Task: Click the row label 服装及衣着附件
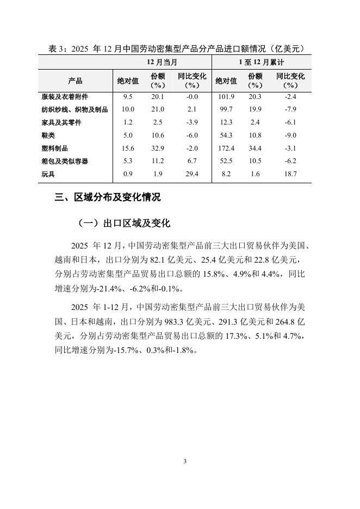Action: (x=65, y=97)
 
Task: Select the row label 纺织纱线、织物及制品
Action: (x=75, y=110)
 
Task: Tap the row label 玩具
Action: (x=48, y=175)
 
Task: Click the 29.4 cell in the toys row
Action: (x=192, y=175)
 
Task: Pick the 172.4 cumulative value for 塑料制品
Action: (x=226, y=148)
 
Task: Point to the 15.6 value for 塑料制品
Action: (x=128, y=148)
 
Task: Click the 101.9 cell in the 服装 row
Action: (x=226, y=97)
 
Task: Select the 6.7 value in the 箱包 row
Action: (x=192, y=162)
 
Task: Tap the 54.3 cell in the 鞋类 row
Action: (x=226, y=135)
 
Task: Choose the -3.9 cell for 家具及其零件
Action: (x=192, y=123)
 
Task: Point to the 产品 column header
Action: (x=75, y=81)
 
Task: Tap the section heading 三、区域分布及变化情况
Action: (x=108, y=197)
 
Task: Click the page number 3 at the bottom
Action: (x=185, y=462)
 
